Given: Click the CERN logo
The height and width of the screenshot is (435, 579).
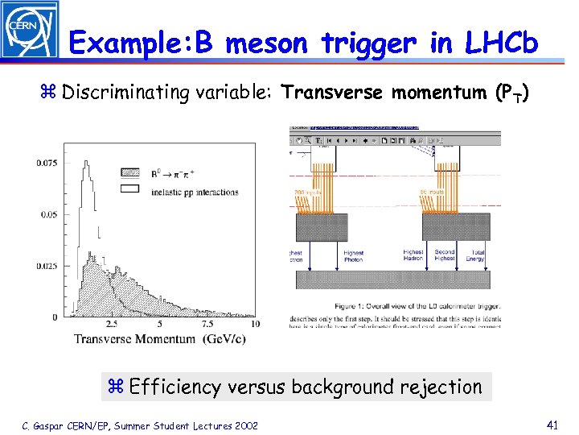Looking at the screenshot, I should pos(29,29).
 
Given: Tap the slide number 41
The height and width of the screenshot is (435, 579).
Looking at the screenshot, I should pos(552,424).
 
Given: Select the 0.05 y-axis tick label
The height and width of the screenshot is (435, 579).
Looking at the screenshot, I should pos(49,214).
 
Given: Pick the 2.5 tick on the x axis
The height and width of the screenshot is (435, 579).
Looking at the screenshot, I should pos(111,324).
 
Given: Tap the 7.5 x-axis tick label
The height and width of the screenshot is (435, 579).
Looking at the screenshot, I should pos(207,324).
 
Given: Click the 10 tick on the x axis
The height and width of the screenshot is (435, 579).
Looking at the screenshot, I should pos(255,324).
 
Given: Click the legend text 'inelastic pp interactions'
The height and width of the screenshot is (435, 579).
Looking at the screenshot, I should pos(195,192).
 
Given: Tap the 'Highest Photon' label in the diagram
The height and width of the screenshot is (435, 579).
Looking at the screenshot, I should pos(354,256).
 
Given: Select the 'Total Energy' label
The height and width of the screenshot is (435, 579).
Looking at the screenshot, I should pos(477,256).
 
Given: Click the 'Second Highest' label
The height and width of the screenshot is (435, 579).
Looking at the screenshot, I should pos(444,256).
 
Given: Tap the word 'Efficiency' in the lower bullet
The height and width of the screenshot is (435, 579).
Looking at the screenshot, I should pos(174,387).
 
